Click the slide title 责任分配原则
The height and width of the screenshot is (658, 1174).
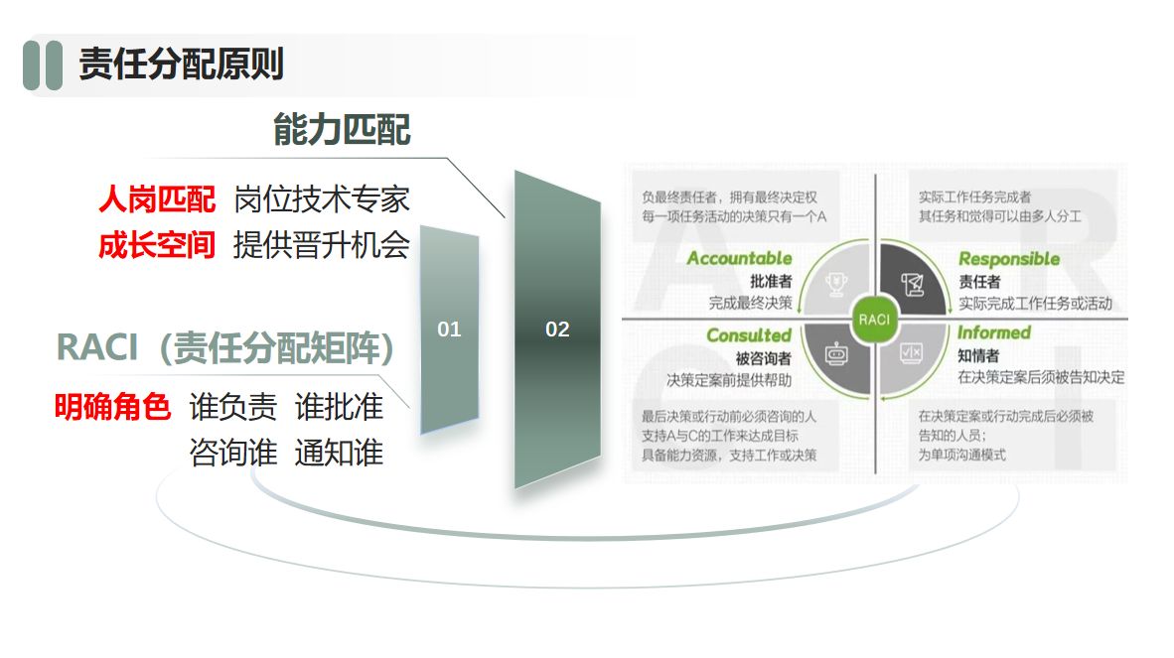pos(181,64)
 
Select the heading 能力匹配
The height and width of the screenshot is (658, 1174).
pos(342,129)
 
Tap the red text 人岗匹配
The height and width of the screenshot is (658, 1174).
pos(157,199)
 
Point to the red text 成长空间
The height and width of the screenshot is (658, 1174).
pos(157,245)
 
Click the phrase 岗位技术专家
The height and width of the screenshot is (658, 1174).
pos(322,199)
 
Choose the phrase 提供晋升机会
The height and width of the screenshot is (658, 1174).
pos(322,245)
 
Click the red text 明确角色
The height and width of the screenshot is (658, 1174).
pos(112,408)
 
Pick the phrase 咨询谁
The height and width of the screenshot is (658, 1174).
pos(232,453)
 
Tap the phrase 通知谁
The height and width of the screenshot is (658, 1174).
pos(339,453)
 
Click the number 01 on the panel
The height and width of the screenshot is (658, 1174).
pos(449,329)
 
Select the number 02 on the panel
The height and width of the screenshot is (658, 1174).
pos(557,329)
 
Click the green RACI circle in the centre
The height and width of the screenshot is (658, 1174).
pos(874,320)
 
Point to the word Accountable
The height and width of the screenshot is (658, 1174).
pos(739,258)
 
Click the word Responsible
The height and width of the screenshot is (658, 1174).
pos(1009,259)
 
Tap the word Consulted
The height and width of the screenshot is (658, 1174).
pos(749,335)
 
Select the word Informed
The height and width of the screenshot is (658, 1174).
pos(994,332)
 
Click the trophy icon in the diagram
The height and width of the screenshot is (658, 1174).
pos(836,284)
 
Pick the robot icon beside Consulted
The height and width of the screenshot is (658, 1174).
pos(836,353)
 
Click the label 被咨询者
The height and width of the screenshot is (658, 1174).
pos(763,359)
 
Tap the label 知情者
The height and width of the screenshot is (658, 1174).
pos(978,356)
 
